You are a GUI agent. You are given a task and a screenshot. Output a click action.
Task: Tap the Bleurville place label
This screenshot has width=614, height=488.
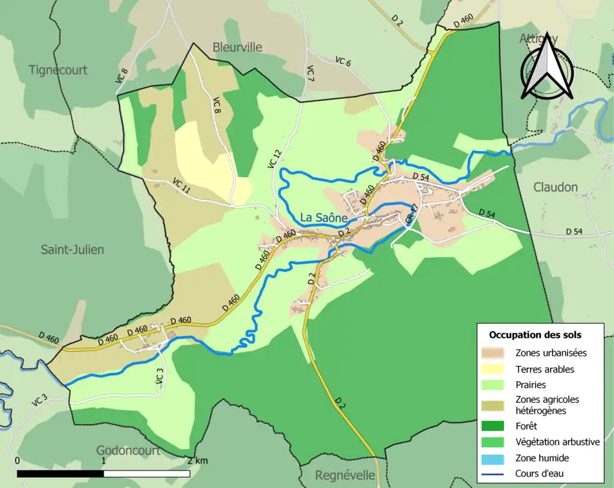coord(237,47)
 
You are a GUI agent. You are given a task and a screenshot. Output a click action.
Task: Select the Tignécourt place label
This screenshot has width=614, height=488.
coord(58,70)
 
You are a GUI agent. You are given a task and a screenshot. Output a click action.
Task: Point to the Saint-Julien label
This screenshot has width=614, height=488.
coord(72,249)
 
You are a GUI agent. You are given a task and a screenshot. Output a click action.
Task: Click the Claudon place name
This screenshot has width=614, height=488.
coord(556,187)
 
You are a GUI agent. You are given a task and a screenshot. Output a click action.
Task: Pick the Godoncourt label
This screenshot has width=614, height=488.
coord(128,450)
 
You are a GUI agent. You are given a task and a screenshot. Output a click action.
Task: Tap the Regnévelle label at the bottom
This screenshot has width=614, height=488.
coord(345,475)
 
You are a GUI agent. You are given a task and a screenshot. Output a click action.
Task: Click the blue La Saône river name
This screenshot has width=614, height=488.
coord(324,217)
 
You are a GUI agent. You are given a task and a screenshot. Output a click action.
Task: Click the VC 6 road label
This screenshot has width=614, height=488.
coord(343,61)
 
